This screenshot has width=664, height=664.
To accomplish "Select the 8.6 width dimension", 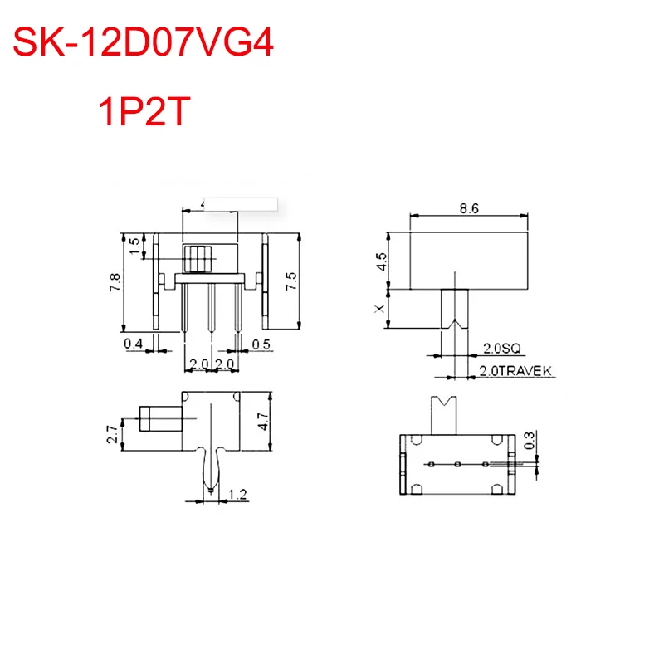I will [469, 209].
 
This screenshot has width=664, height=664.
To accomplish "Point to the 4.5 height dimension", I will [381, 262].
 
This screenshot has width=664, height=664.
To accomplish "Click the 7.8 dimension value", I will [115, 283].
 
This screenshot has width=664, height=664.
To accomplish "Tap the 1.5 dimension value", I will [135, 246].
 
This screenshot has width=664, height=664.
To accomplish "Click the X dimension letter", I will [381, 309].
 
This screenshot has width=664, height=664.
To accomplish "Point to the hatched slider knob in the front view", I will [197, 259].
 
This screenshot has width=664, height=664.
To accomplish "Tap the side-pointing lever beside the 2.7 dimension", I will [158, 417].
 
